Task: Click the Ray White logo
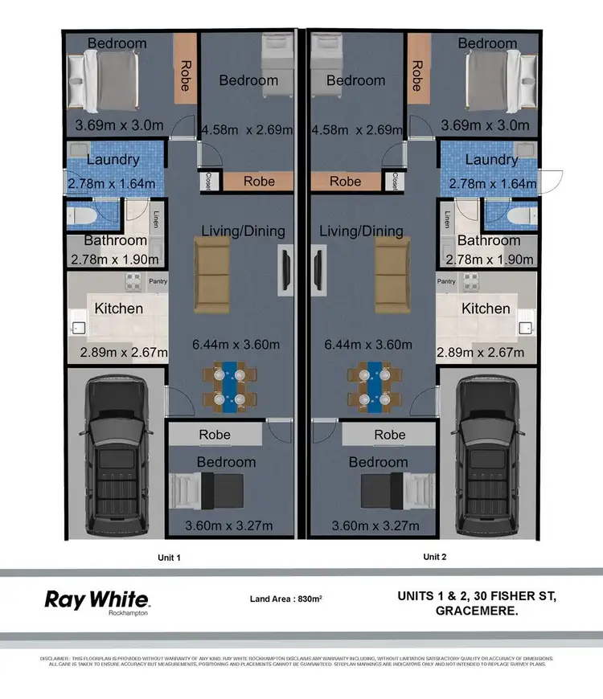96,600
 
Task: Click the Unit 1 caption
168,557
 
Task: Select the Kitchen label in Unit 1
119,309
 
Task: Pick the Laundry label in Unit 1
113,160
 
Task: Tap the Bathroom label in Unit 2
488,240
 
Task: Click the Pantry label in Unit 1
158,281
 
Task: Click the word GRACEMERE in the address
475,611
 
